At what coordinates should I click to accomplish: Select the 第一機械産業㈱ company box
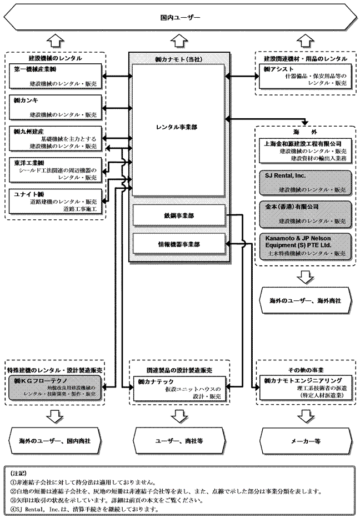pos(56,76)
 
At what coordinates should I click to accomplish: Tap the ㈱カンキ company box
pos(56,107)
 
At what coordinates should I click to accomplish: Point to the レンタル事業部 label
pos(177,127)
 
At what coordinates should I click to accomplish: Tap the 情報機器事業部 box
pos(178,243)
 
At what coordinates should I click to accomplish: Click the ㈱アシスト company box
pos(305,76)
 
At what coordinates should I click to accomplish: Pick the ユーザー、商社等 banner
pos(178,441)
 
